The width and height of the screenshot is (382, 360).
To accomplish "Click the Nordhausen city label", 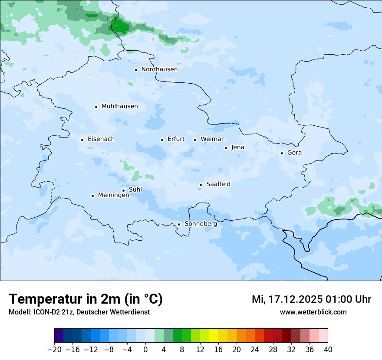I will coord(159,69).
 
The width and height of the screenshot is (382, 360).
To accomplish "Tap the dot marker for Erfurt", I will coord(162,140).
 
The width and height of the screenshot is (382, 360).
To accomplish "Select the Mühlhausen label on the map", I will coord(119,106).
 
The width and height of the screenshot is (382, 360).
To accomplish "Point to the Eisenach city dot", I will coord(82,140).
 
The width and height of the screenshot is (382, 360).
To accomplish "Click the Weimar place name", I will coord(212,139).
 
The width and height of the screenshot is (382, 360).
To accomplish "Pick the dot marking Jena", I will coord(226,148).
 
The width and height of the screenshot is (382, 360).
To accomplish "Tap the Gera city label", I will coord(294,153).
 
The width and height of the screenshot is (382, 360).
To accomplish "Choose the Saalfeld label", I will coord(218,184).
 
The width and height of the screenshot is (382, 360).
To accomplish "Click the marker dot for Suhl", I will coord(123,190).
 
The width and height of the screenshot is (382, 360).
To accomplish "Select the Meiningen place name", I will coord(113,196).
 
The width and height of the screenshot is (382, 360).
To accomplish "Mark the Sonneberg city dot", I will coord(179,224).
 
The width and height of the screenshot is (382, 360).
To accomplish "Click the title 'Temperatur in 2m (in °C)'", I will coord(86,299).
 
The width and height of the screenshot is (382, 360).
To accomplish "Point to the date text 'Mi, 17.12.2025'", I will coord(286,299).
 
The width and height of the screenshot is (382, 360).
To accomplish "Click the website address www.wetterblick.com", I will coord(313,312).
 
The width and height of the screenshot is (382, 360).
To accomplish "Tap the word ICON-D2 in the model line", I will coord(43,312).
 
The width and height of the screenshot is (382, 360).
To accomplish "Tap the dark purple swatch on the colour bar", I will coord(59,336).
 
